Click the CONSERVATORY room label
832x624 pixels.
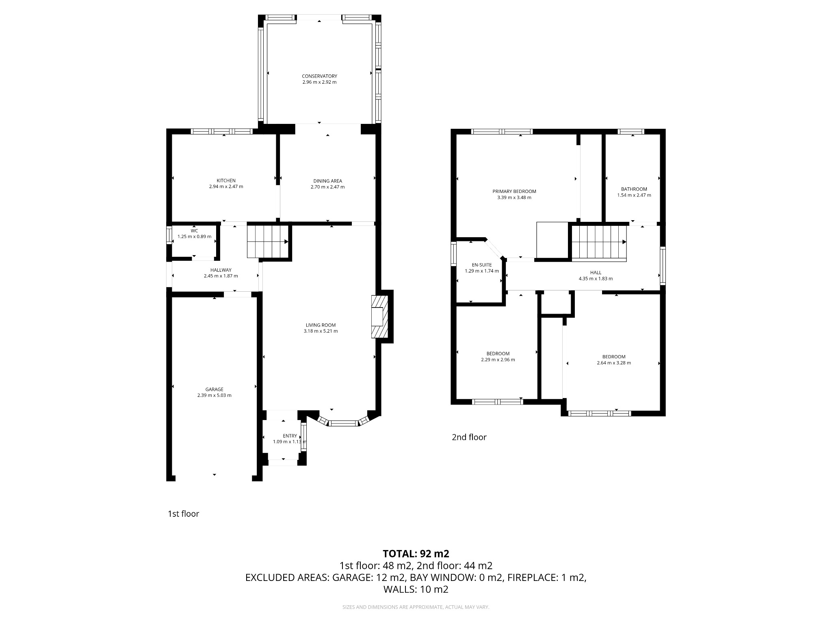click(x=319, y=76)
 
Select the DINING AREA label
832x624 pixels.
click(x=327, y=181)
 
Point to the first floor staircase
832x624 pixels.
click(x=268, y=242)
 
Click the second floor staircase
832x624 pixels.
click(x=599, y=242)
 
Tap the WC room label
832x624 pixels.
click(x=194, y=231)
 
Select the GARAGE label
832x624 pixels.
click(x=214, y=389)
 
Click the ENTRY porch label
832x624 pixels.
click(x=290, y=436)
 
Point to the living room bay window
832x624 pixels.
click(x=343, y=423)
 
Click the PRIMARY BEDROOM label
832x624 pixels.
click(x=514, y=191)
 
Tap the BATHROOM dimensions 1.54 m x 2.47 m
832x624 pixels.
click(x=634, y=195)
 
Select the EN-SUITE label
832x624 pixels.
click(x=481, y=265)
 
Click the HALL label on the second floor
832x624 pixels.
click(x=596, y=273)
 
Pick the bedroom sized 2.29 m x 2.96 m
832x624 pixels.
click(x=498, y=357)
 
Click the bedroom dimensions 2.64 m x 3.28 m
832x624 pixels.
click(x=613, y=363)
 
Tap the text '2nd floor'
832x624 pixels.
click(x=469, y=437)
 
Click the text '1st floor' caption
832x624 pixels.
click(x=183, y=513)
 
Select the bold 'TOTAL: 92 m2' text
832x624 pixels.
click(x=416, y=553)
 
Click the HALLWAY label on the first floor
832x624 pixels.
click(x=221, y=270)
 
